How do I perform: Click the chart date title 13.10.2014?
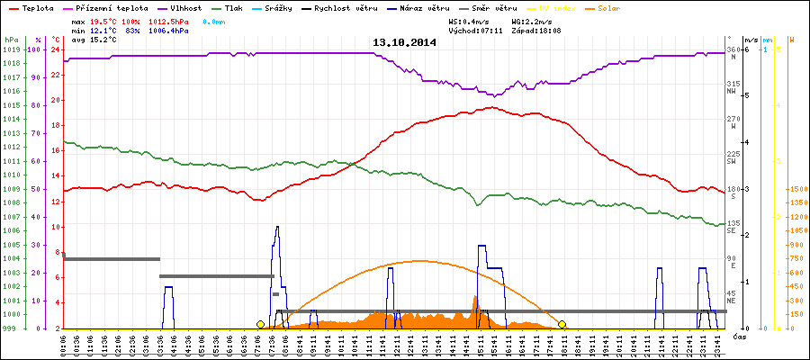pos(404,42)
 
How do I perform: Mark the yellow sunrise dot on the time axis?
pos(260,324)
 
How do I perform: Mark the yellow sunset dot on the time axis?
pos(562,324)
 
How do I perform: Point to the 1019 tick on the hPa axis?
pos(11,49)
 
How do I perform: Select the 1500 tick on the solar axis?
pos(796,189)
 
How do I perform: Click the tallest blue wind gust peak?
pos(277,227)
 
